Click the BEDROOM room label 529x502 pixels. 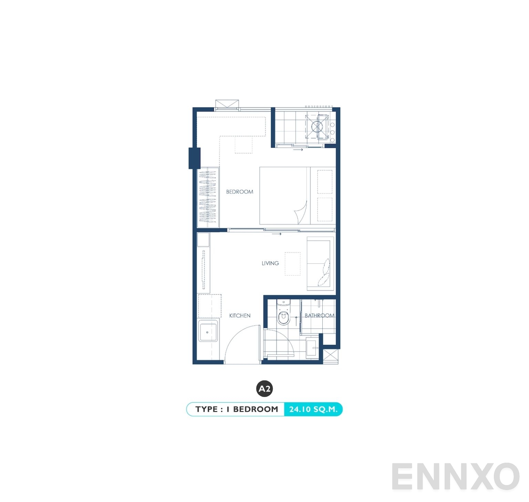tap(239, 192)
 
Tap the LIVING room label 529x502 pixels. tap(270, 263)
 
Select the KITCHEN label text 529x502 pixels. tap(240, 315)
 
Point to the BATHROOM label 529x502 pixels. tap(319, 315)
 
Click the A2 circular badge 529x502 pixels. tap(264, 389)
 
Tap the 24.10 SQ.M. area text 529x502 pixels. tap(313, 409)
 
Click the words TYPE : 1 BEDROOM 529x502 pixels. tap(237, 409)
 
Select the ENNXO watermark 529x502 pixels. tap(455, 477)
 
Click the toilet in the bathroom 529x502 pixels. tap(283, 314)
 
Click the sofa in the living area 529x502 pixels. tap(320, 264)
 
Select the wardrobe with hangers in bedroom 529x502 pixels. tap(208, 197)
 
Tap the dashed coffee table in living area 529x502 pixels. tap(292, 264)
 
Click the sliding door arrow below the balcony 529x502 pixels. tap(298, 150)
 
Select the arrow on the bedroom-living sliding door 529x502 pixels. tap(277, 234)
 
